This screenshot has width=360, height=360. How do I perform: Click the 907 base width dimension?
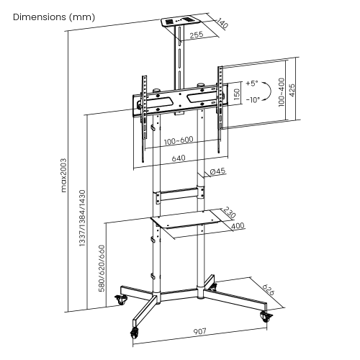tap(199, 331)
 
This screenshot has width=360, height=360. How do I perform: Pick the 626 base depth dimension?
tap(269, 290)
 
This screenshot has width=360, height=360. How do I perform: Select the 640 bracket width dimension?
tap(179, 160)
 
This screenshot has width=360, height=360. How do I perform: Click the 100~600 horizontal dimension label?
tap(178, 141)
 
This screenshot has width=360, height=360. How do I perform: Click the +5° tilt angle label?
tap(251, 84)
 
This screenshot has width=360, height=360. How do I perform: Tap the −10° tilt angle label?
tap(251, 100)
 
